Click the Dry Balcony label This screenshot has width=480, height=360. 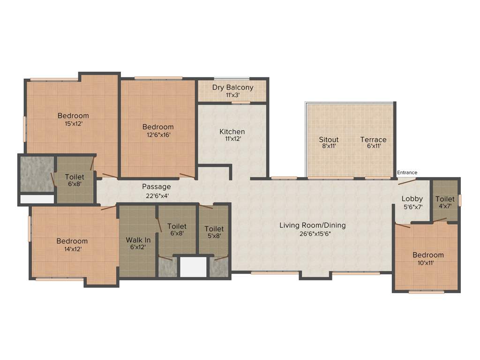232,87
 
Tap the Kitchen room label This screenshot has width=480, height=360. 232,132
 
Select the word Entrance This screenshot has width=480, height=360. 407,172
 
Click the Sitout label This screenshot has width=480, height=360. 329,140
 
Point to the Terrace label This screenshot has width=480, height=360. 373,140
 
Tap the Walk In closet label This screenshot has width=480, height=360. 138,240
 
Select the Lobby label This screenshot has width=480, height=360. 412,199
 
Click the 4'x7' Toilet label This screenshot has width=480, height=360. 445,199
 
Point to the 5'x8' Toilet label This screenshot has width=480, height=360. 214,229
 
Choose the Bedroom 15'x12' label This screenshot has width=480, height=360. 73,116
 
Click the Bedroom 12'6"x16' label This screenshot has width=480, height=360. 158,127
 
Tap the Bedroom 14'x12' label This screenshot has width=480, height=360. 72,241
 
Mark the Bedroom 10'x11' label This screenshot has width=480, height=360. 428,255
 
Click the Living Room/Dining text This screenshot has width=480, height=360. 313,225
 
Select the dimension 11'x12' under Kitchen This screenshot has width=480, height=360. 232,139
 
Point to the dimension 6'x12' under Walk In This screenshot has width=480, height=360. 138,247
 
